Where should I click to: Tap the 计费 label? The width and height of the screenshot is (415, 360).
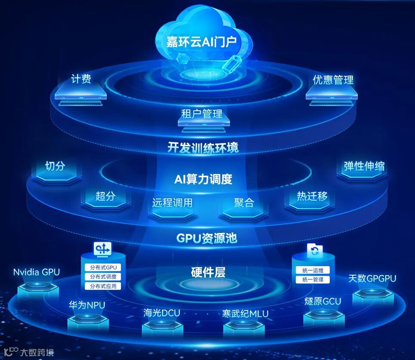[x=81, y=79]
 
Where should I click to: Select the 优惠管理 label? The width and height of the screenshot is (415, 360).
[x=333, y=80]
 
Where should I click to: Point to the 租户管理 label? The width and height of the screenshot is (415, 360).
[x=201, y=114]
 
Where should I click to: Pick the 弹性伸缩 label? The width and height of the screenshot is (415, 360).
[x=364, y=166]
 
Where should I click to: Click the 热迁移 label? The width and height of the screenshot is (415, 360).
[x=312, y=196]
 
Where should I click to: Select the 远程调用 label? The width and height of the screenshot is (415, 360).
[x=172, y=203]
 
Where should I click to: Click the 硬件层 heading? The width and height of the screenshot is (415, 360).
[x=208, y=272]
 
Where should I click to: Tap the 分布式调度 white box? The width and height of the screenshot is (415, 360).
[x=103, y=277]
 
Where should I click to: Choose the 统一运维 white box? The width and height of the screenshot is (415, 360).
[x=313, y=270]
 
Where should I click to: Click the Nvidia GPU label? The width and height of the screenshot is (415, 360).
[x=37, y=272]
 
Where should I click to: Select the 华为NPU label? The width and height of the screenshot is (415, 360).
[x=87, y=305]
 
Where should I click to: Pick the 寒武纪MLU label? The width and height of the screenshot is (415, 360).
[x=245, y=313]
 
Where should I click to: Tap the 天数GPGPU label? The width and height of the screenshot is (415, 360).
[x=372, y=278]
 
